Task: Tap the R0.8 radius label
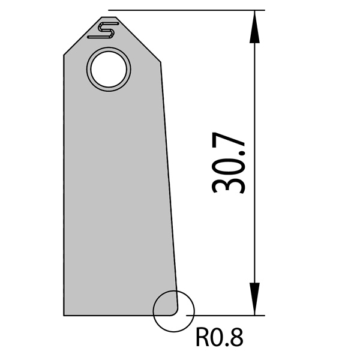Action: click(x=220, y=340)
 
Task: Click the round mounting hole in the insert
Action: click(x=109, y=69)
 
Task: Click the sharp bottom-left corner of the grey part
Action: click(x=64, y=314)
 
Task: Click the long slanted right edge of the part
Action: click(x=169, y=180)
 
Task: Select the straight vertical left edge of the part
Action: click(x=64, y=180)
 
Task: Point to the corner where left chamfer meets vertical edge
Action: click(x=64, y=55)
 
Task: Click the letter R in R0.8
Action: click(x=202, y=340)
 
